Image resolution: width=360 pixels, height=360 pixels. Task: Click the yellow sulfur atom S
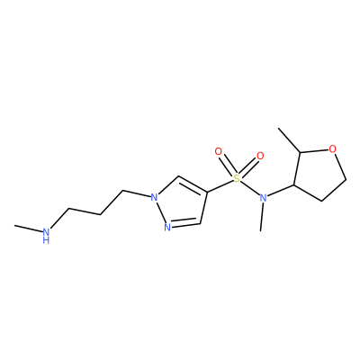tap(237, 179)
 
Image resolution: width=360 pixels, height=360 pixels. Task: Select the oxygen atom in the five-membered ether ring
tap(332, 148)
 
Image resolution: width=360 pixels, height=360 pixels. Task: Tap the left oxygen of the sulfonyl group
tap(219, 151)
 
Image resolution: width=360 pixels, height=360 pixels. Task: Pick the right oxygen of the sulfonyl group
tap(260, 156)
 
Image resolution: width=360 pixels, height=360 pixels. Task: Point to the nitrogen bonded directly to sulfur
tap(263, 198)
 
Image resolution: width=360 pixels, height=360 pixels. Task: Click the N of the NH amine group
tap(46, 232)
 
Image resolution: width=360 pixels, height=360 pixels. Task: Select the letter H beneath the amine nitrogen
tap(46, 239)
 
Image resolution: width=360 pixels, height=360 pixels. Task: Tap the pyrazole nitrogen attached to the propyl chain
tap(154, 197)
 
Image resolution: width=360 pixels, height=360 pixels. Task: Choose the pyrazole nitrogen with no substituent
tap(167, 227)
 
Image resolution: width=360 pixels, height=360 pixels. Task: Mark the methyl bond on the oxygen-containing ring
tap(290, 140)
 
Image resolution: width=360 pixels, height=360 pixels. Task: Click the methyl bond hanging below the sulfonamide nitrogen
tap(262, 217)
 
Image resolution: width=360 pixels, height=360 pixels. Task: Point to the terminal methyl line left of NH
tap(28, 229)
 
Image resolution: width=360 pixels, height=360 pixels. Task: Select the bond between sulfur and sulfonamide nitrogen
tap(249, 188)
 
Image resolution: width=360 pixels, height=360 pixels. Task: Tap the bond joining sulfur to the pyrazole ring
tap(220, 185)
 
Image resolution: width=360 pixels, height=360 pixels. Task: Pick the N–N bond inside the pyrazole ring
tap(160, 211)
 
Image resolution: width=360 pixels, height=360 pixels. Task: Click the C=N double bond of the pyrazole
tap(185, 224)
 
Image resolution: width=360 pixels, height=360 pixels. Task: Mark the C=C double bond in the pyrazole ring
tap(193, 184)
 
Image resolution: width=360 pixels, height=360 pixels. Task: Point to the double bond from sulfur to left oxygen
tap(227, 165)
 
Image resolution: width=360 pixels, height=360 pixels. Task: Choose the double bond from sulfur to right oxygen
tap(249, 167)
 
